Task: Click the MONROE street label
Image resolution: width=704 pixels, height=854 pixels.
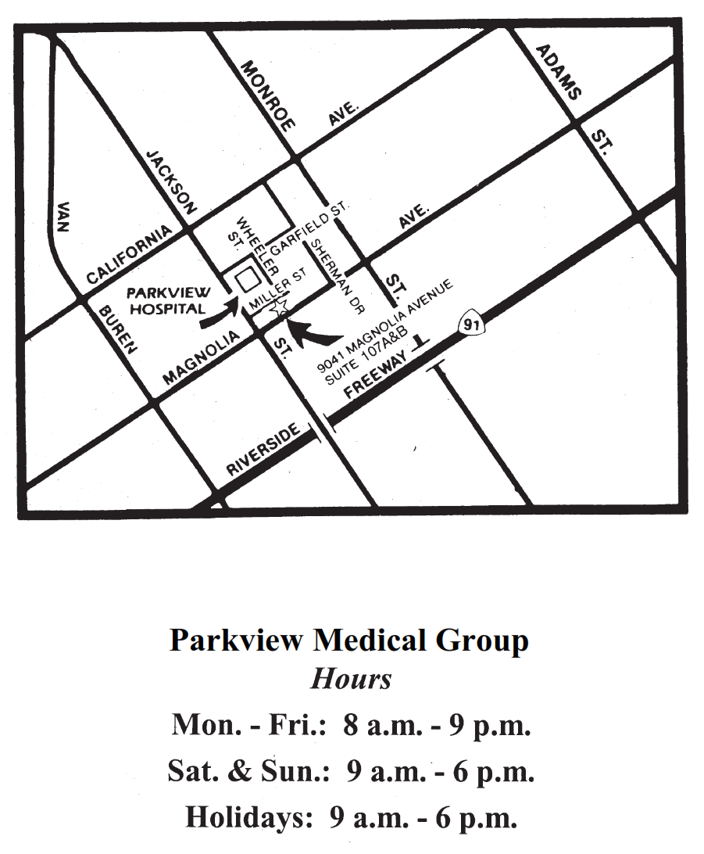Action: click(x=268, y=95)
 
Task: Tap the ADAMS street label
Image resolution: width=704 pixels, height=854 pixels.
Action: click(x=559, y=72)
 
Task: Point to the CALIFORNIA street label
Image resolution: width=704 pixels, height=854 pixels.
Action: click(x=129, y=255)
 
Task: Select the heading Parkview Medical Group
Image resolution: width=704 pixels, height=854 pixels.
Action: click(x=349, y=640)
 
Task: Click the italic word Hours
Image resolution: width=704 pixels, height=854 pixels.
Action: click(x=351, y=678)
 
